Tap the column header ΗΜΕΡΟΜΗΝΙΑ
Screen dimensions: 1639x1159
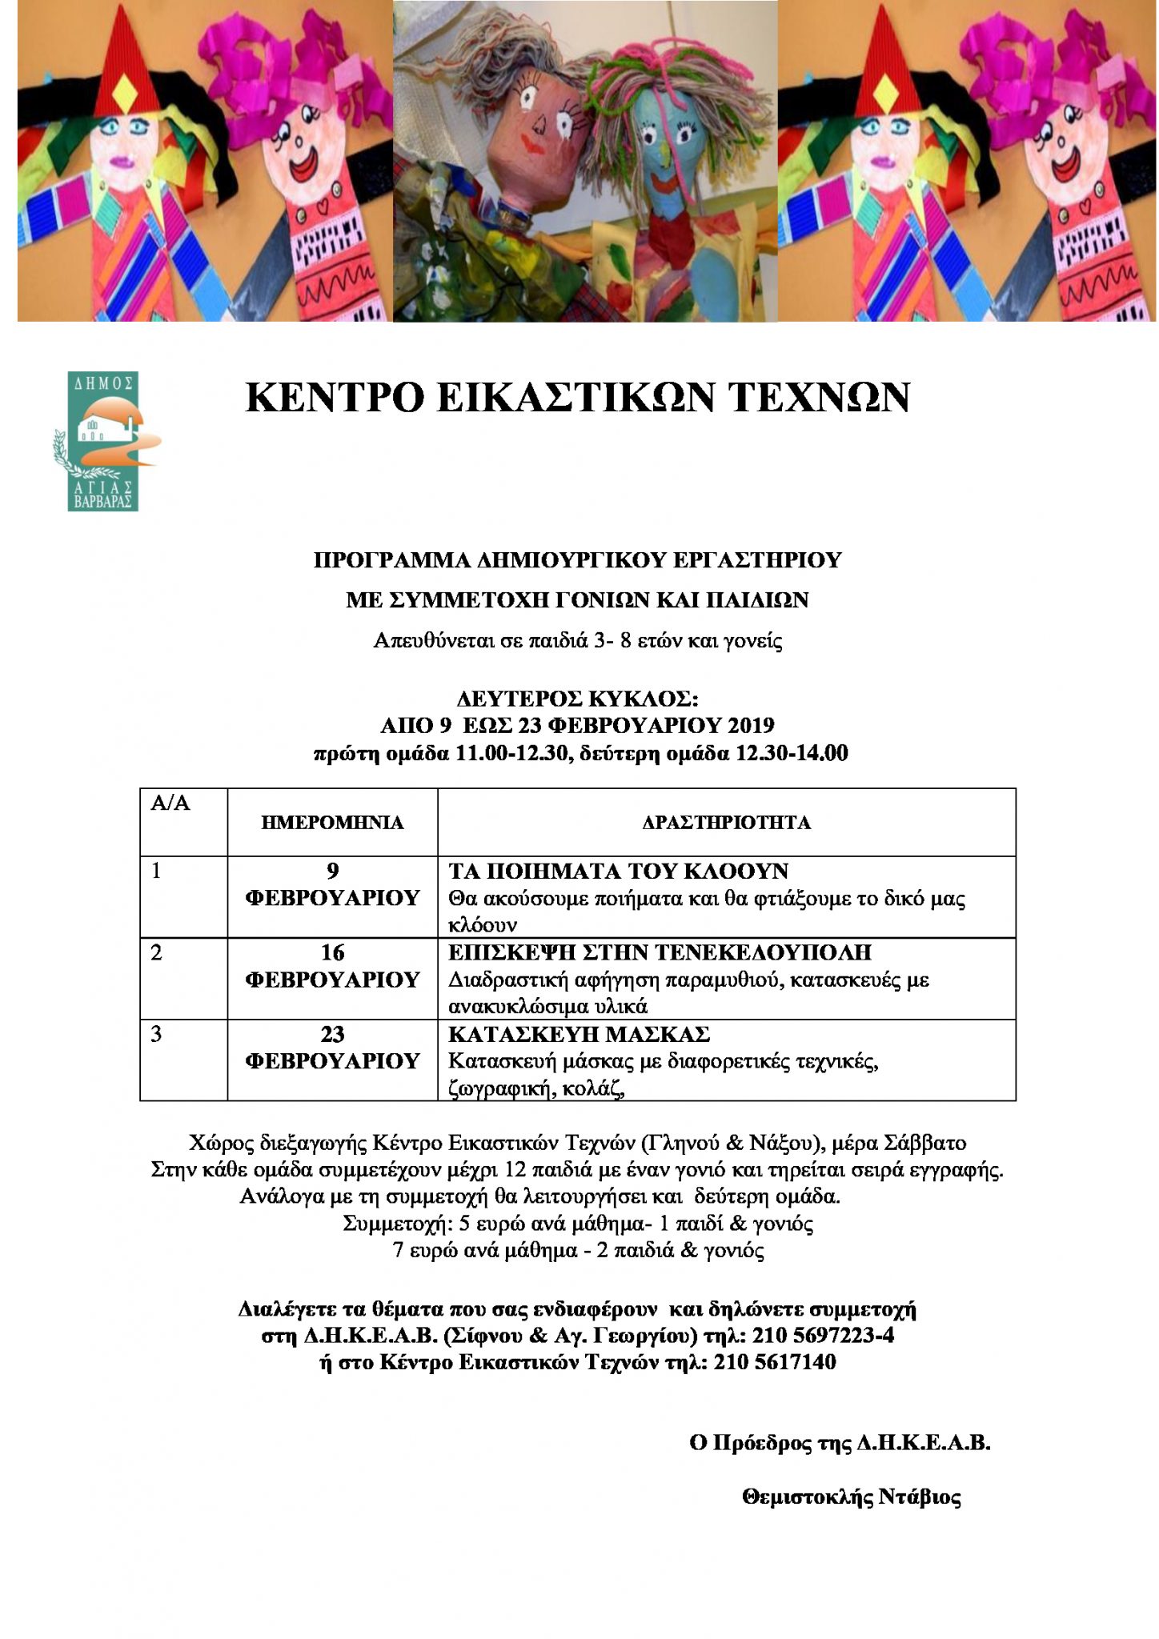click(x=332, y=823)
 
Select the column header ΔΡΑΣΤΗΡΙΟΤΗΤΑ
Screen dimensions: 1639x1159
click(x=726, y=823)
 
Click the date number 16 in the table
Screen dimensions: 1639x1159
click(x=332, y=952)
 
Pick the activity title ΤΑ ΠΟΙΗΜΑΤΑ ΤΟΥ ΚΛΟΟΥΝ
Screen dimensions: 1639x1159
click(x=618, y=871)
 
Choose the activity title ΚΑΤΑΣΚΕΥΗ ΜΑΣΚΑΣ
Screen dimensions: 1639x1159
click(x=579, y=1034)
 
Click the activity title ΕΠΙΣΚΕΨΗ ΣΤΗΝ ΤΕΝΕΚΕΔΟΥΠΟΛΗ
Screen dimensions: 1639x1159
click(x=660, y=952)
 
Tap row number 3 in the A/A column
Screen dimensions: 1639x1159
click(x=156, y=1034)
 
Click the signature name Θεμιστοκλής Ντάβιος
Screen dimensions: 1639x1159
click(x=852, y=1497)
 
